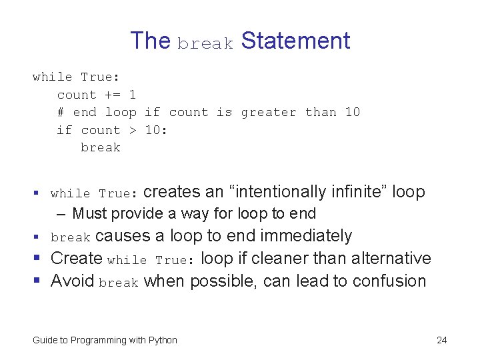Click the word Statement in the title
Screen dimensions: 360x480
point(295,41)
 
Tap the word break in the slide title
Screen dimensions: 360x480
point(205,44)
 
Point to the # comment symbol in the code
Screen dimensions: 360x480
point(61,112)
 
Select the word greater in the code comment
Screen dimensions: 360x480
point(269,113)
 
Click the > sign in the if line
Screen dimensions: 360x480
point(133,130)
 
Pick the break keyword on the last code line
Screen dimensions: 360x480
point(101,147)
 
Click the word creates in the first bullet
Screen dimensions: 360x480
point(172,192)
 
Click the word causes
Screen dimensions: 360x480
point(123,236)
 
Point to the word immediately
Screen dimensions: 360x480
point(306,236)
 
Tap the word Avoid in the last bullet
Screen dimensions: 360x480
point(73,281)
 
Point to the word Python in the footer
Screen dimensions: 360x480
point(163,341)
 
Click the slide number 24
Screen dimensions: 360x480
point(441,341)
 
